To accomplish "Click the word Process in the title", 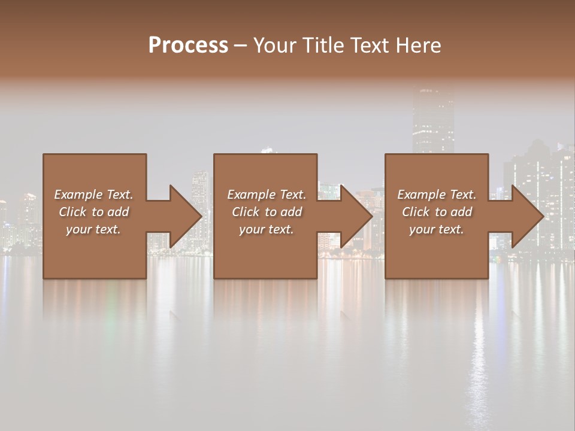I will (188, 45).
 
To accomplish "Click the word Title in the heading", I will (322, 45).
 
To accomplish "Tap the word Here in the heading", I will (417, 45).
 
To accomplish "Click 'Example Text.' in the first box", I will (93, 195).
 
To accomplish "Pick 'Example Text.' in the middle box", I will (267, 195).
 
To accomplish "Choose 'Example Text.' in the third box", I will (437, 195).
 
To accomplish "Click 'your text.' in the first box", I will (93, 229).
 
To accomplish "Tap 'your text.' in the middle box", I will (267, 229).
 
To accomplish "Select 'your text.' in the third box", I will (437, 229).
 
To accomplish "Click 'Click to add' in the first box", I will (93, 212).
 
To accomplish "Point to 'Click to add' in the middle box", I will (267, 212).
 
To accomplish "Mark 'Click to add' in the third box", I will (437, 212).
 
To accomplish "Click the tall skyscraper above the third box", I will (432, 120).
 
